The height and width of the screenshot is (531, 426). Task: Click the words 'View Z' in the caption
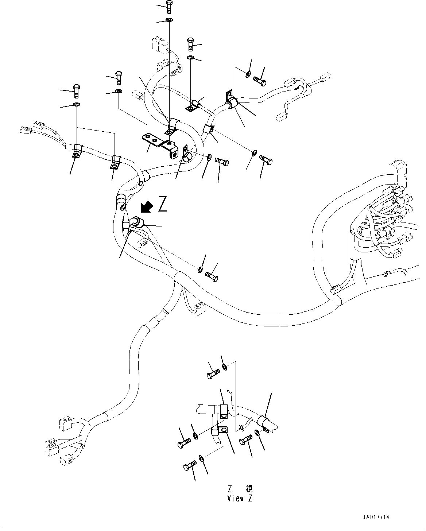click(240, 499)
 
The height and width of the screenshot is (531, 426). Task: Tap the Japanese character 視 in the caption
click(249, 489)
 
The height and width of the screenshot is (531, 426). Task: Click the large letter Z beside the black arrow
click(162, 205)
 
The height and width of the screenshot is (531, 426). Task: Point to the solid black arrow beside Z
click(147, 207)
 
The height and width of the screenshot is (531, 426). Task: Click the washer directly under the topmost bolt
click(170, 20)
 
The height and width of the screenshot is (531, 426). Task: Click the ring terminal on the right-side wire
click(386, 274)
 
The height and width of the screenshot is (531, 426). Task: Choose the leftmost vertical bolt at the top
click(76, 91)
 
